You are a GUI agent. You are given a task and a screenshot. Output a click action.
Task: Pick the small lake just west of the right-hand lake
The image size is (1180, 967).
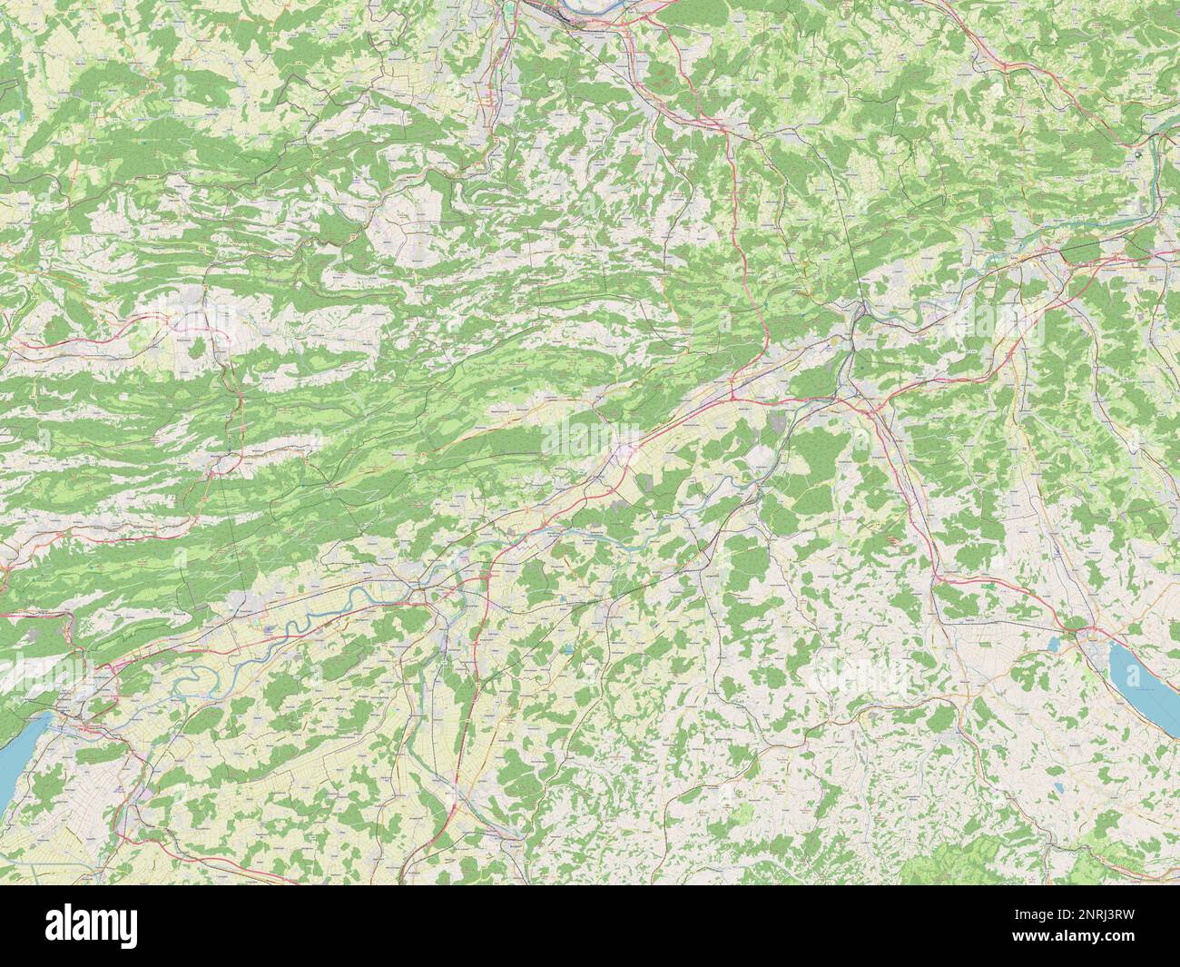(1054, 643)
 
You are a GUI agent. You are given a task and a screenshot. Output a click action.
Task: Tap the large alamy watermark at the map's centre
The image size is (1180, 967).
(589, 435)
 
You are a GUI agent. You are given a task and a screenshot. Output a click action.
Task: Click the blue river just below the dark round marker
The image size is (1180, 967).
(1156, 191)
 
